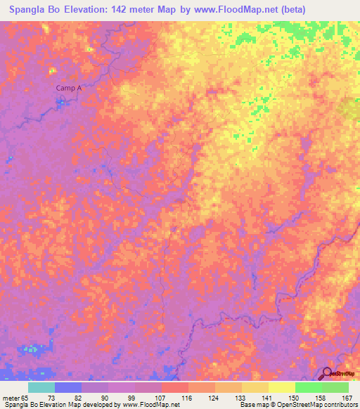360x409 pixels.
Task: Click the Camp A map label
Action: [x=69, y=88]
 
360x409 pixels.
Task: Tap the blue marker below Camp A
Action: [x=61, y=101]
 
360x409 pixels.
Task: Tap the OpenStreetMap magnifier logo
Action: [x=327, y=373]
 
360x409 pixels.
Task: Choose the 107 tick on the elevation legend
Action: [x=161, y=398]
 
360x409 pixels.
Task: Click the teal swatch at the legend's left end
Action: [x=41, y=387]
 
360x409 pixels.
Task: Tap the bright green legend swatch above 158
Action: [x=308, y=387]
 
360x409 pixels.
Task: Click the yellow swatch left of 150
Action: [x=281, y=387]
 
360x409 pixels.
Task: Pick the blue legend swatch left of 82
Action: [x=68, y=387]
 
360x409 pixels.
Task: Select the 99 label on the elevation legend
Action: [x=134, y=398]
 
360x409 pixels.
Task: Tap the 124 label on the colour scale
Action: [x=214, y=398]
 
